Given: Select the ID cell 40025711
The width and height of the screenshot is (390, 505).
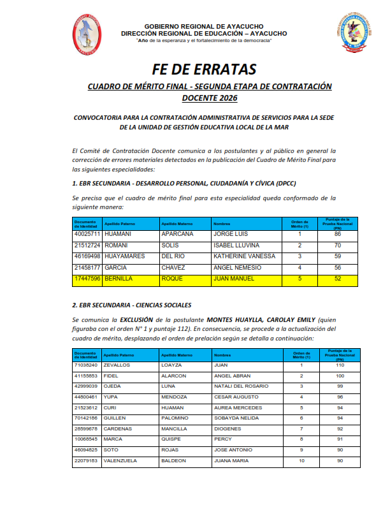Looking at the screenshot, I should [x=87, y=235].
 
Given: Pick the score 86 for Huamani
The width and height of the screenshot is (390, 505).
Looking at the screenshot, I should [x=338, y=235].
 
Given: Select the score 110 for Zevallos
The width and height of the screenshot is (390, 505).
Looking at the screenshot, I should [x=340, y=365].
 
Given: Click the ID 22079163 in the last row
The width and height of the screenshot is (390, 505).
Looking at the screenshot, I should [x=86, y=460].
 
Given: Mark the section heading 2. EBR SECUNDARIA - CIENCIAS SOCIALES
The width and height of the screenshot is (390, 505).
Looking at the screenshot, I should [x=132, y=305].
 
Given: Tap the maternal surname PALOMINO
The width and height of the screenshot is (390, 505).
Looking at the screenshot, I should [x=174, y=418].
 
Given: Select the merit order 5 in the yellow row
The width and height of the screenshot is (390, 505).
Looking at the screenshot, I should [x=300, y=279].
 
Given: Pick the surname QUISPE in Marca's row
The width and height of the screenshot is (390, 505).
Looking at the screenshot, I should [x=170, y=439].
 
